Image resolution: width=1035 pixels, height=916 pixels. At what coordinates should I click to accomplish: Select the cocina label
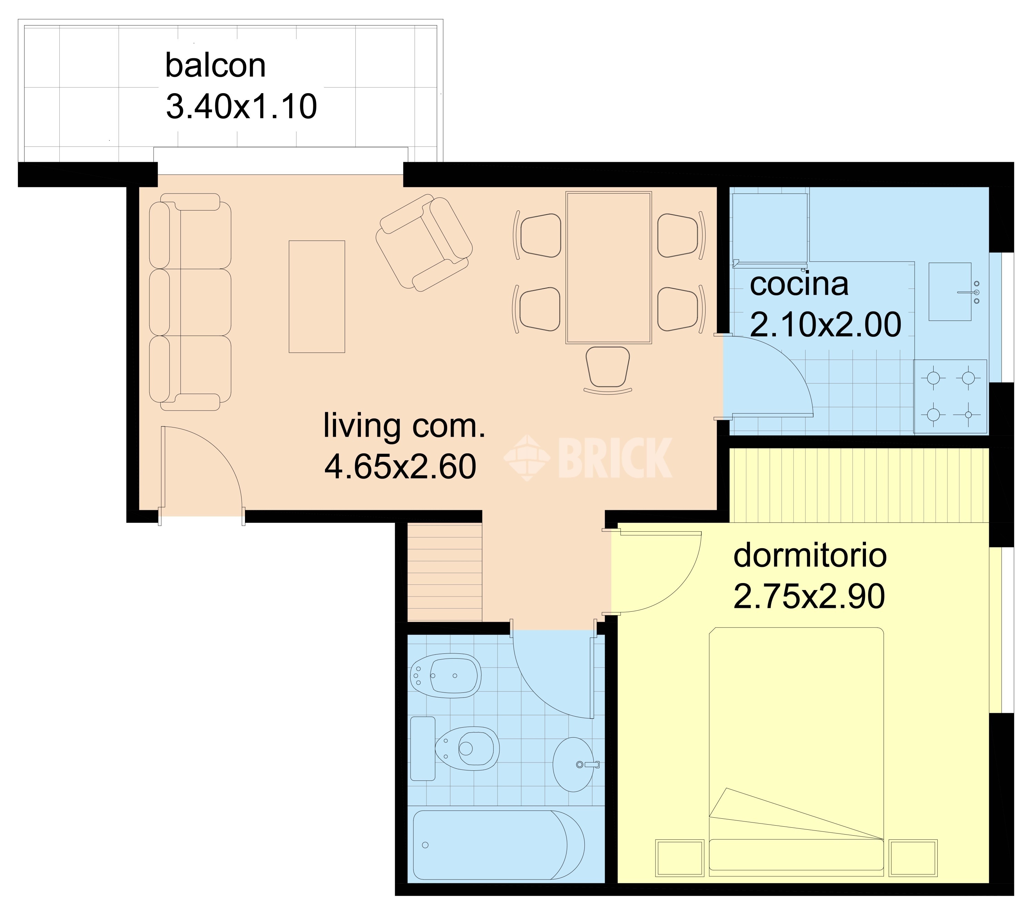coord(799,285)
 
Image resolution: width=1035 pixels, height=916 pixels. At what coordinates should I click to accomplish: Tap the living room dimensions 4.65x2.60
coord(400,466)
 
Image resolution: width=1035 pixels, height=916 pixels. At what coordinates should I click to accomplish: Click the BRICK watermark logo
coord(588,458)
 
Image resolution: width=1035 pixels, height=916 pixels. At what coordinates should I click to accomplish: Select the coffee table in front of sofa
coord(317,296)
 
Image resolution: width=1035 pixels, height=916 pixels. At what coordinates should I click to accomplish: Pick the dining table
coord(609,267)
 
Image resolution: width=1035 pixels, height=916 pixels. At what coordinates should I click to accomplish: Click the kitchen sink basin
coord(950,292)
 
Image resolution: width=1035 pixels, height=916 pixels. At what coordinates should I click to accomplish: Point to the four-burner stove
coord(950,396)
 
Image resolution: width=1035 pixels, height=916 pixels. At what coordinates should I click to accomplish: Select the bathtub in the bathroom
coord(499,845)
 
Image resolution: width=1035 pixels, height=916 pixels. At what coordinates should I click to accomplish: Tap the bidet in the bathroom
coord(446,676)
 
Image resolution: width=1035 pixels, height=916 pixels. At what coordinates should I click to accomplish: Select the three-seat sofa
coord(190,302)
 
